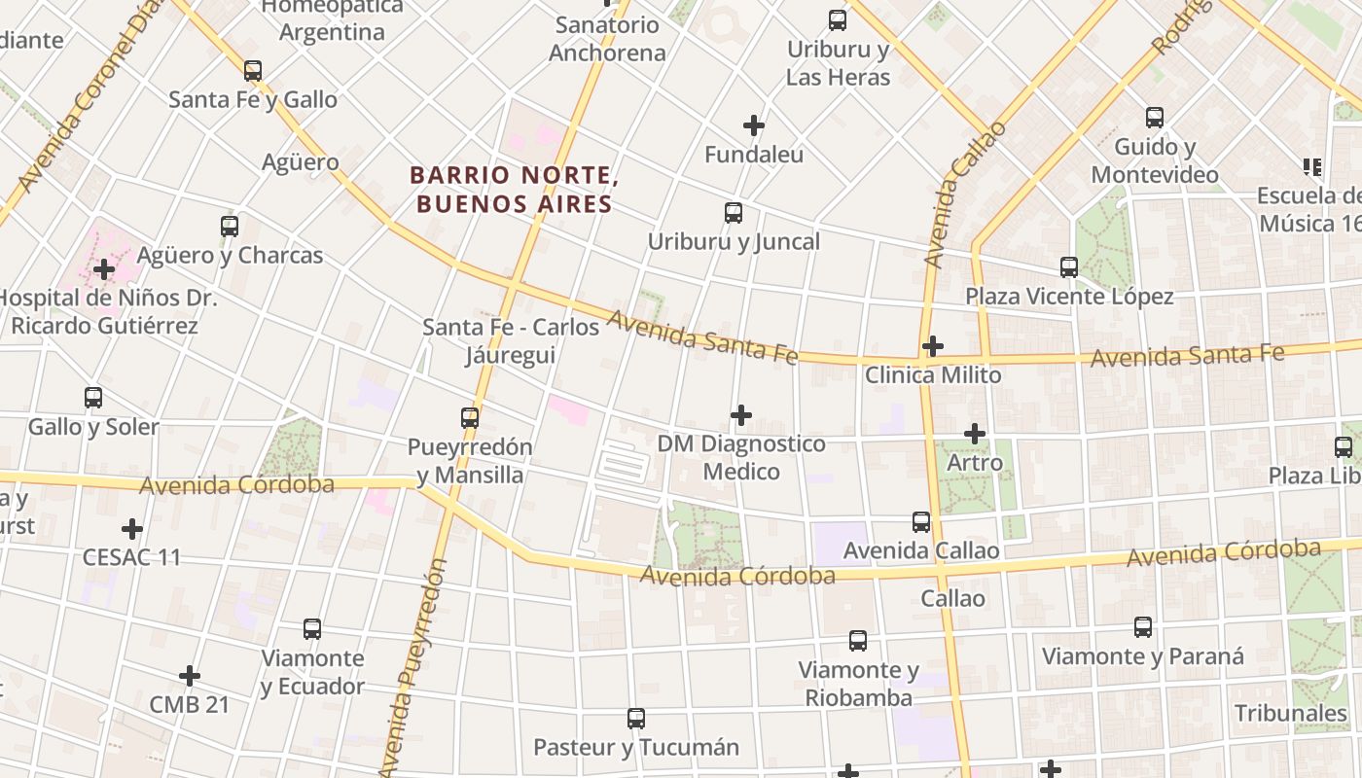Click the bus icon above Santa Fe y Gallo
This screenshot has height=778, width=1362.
click(253, 71)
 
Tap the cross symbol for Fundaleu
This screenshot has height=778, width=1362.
click(754, 125)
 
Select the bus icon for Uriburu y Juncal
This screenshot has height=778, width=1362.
click(734, 213)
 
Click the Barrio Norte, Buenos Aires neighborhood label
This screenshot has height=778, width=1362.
click(514, 190)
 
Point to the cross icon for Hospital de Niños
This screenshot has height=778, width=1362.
click(104, 269)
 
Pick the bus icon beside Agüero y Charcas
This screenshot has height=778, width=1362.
click(230, 227)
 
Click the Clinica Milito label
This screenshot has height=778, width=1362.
click(932, 374)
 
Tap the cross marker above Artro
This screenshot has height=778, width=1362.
click(975, 434)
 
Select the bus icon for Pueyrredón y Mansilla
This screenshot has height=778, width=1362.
click(470, 418)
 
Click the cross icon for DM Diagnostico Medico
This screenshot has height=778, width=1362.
click(741, 415)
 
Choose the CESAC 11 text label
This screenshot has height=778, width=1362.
click(131, 557)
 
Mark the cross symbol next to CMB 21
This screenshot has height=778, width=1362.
click(190, 676)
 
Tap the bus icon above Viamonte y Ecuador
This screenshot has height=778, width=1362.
click(312, 629)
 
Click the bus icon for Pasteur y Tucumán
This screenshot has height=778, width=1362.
click(636, 719)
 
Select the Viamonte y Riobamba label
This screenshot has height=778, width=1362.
click(858, 684)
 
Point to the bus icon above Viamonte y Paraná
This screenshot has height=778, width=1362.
click(1143, 627)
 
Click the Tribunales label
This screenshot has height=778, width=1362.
click(1290, 713)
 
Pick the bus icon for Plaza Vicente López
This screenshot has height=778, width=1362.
click(1069, 267)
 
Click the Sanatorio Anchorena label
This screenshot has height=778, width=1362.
click(607, 39)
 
